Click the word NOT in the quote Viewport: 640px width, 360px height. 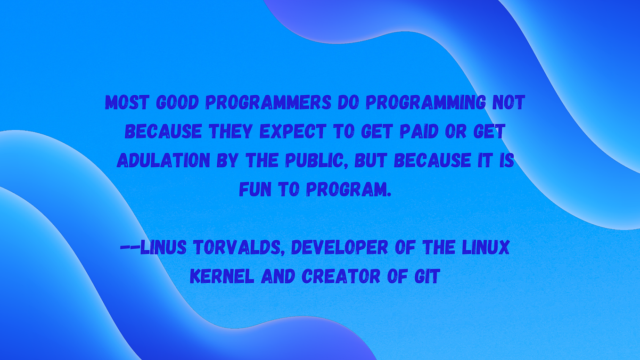tap(508, 103)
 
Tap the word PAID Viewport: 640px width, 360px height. tap(417, 132)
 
